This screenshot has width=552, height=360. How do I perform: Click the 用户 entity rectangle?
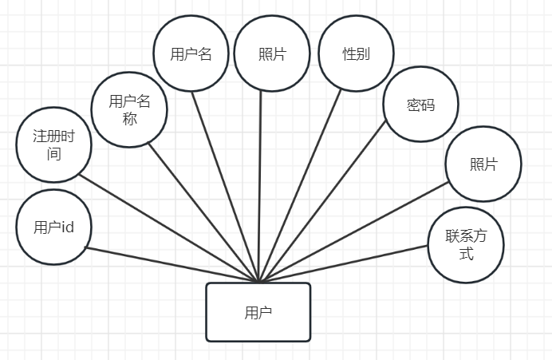(x=258, y=312)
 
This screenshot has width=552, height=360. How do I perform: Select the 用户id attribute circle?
(x=53, y=227)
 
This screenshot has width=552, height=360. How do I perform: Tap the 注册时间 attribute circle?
(x=53, y=144)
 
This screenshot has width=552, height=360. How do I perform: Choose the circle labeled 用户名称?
(x=129, y=109)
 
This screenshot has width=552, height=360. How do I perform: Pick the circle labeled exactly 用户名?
(x=191, y=54)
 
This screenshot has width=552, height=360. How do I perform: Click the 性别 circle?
(x=356, y=54)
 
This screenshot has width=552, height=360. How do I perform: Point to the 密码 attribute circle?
(x=420, y=105)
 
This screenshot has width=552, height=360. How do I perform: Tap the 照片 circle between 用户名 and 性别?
(x=273, y=54)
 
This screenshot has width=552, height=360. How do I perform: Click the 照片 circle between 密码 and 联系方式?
(x=483, y=164)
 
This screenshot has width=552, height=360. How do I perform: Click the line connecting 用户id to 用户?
(x=171, y=264)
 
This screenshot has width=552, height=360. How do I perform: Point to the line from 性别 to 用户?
(x=301, y=184)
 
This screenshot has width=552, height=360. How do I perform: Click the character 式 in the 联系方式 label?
(x=467, y=255)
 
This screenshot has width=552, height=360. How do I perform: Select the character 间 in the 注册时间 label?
(x=53, y=153)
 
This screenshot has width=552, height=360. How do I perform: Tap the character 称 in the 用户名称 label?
(x=129, y=118)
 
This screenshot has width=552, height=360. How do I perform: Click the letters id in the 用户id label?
(x=67, y=227)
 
